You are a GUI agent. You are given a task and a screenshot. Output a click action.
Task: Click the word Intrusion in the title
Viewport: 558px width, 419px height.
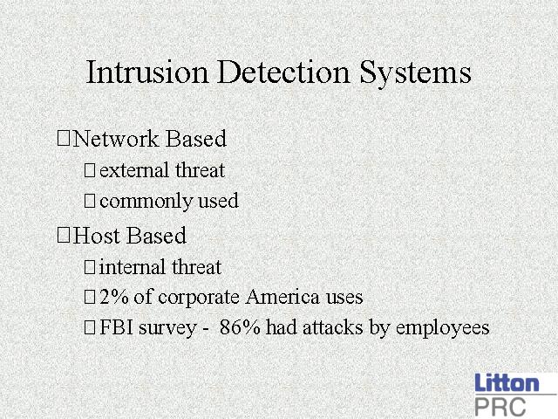pos(147,72)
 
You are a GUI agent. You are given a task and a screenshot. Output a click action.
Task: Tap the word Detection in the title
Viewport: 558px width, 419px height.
pos(283,72)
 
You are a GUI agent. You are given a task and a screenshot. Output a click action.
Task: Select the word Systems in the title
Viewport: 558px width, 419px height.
pos(415,73)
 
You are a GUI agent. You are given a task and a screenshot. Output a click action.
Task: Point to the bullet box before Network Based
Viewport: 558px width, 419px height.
pos(64,138)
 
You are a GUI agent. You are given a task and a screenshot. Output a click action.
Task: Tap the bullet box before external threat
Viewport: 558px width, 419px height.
pos(90,170)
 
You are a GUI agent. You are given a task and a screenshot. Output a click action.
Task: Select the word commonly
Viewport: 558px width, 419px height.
pos(146,202)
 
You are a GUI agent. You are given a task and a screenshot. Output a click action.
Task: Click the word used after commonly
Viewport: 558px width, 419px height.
pos(218,200)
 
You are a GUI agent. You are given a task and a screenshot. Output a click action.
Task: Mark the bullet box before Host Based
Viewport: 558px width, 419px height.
pos(64,236)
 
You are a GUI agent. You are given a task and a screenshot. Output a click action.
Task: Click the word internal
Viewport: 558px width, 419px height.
pos(133,267)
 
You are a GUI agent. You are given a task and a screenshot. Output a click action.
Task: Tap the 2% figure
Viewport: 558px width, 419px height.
pos(114,297)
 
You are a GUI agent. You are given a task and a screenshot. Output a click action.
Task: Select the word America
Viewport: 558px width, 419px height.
pos(282,297)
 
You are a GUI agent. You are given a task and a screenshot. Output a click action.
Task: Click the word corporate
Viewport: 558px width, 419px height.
pos(199,299)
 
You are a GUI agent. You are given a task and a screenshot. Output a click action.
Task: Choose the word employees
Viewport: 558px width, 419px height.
pos(442,329)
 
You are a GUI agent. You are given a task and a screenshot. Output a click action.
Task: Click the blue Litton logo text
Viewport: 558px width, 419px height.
pos(507,383)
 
